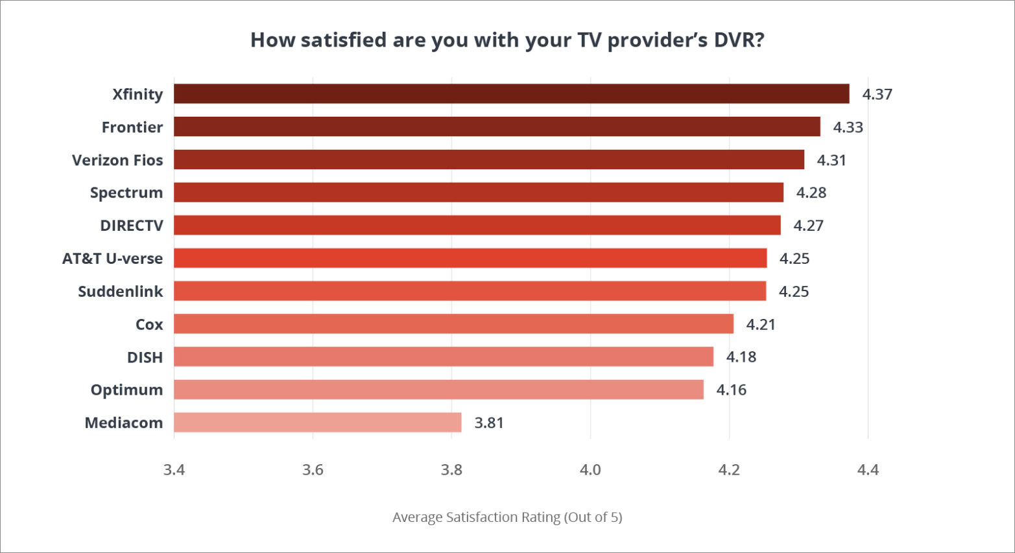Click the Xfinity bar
[511, 94]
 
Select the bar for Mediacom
[318, 423]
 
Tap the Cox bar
[453, 324]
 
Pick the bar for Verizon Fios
[489, 160]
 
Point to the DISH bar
[444, 357]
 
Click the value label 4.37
[877, 95]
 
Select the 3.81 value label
[489, 423]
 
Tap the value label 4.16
[731, 390]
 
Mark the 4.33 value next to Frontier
[848, 128]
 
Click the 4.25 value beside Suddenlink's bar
[793, 292]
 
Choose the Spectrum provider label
[126, 193]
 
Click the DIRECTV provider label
[132, 226]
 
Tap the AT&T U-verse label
[113, 259]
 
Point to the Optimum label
[126, 390]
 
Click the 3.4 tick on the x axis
[174, 470]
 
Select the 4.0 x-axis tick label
[590, 470]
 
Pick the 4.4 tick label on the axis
[868, 470]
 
